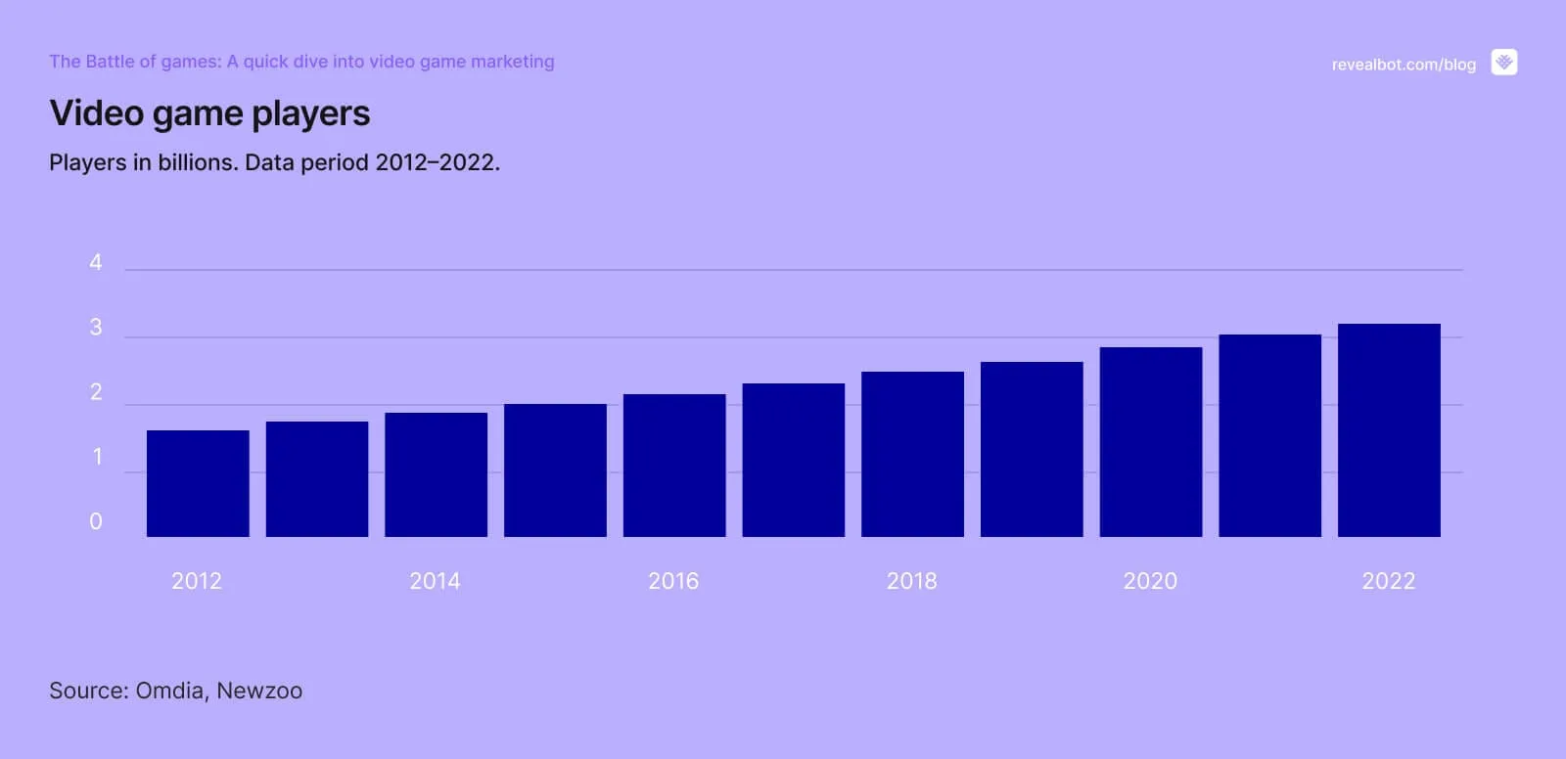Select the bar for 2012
pos(198,483)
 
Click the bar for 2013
pos(317,479)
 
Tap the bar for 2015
pos(555,470)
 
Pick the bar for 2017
pos(793,460)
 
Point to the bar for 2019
pos(1032,449)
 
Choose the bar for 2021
pos(1269,435)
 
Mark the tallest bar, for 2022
pos(1389,430)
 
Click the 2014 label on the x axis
pos(435,581)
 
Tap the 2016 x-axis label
pos(673,581)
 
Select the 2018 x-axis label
pos(911,581)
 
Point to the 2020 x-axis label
pos(1150,581)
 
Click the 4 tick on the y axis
pos(96,262)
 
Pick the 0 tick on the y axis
pos(96,521)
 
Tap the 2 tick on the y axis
pos(96,392)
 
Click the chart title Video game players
pos(209,113)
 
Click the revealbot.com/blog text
pos(1404,65)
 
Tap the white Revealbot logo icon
pos(1504,63)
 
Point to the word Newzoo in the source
pos(259,691)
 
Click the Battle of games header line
pos(301,62)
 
